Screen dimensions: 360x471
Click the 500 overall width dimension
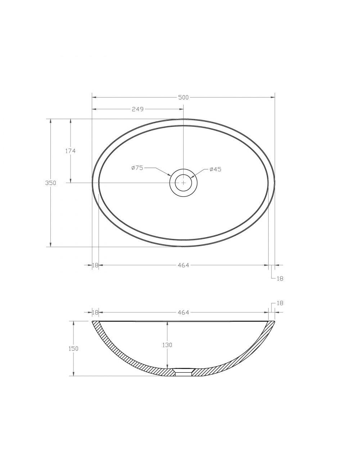[x=183, y=98]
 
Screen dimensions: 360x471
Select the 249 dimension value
[x=138, y=109]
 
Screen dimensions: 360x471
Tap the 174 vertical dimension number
[x=71, y=151]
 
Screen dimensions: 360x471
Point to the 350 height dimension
[x=51, y=183]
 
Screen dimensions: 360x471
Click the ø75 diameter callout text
[x=137, y=168]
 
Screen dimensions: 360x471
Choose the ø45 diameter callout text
[x=215, y=169]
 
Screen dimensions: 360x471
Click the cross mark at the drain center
[x=183, y=182]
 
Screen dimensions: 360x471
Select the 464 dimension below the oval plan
[x=184, y=266]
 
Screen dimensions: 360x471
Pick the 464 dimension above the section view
[x=184, y=313]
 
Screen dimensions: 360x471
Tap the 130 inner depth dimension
[x=167, y=345]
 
